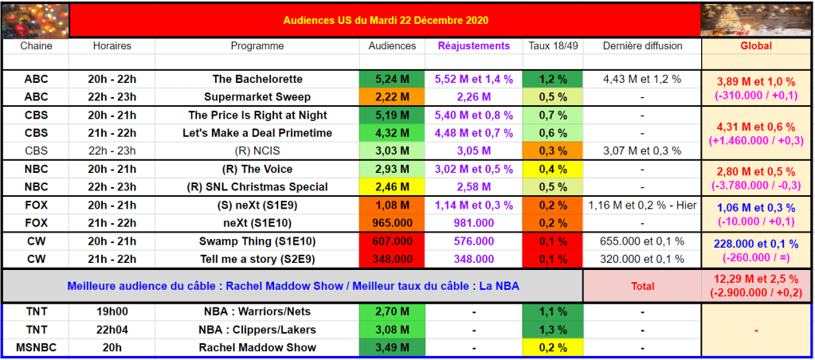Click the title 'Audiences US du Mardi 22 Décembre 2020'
pos(386,20)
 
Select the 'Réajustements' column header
pos(473,46)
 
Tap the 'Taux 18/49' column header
pos(553,46)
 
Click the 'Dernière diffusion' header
pos(642,46)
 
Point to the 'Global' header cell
pos(756,46)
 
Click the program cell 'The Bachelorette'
pos(257,80)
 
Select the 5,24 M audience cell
pos(391,80)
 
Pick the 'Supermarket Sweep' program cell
pos(257,97)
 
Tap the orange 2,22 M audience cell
pos(391,97)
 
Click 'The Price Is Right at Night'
pos(257,115)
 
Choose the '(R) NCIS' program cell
pos(257,151)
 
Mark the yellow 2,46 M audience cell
pos(391,187)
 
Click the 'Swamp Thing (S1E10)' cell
pos(257,241)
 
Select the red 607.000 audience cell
pos(391,241)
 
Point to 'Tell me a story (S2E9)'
pos(257,259)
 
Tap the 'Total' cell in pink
pos(642,286)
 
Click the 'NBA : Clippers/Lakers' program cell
pos(257,330)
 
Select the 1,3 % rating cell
pos(553,330)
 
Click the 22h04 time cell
pos(112,330)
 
